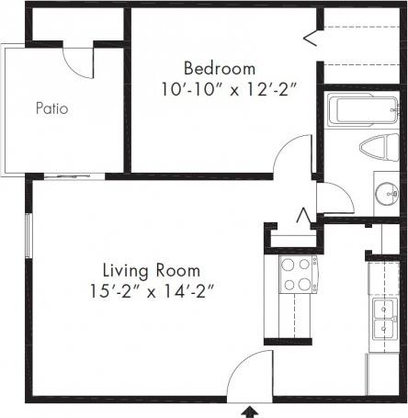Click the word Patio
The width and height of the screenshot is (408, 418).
point(52,108)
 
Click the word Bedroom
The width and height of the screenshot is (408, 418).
point(219,69)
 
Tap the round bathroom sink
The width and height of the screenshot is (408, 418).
point(387,194)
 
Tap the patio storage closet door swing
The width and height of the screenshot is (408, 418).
point(78,61)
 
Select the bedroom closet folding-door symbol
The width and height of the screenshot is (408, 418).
point(311,38)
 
